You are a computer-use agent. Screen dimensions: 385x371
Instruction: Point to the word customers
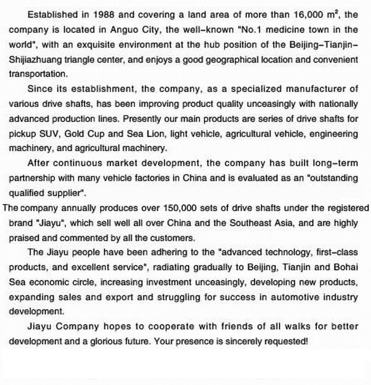[x=175, y=237]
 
